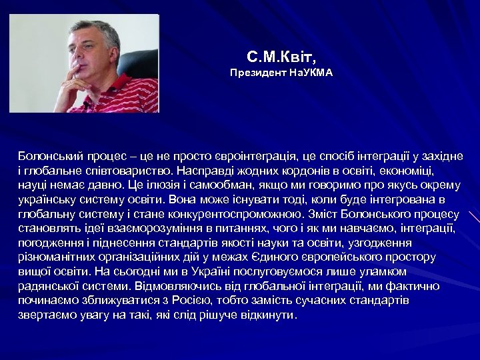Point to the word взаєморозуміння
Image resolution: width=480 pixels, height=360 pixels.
point(164,229)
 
